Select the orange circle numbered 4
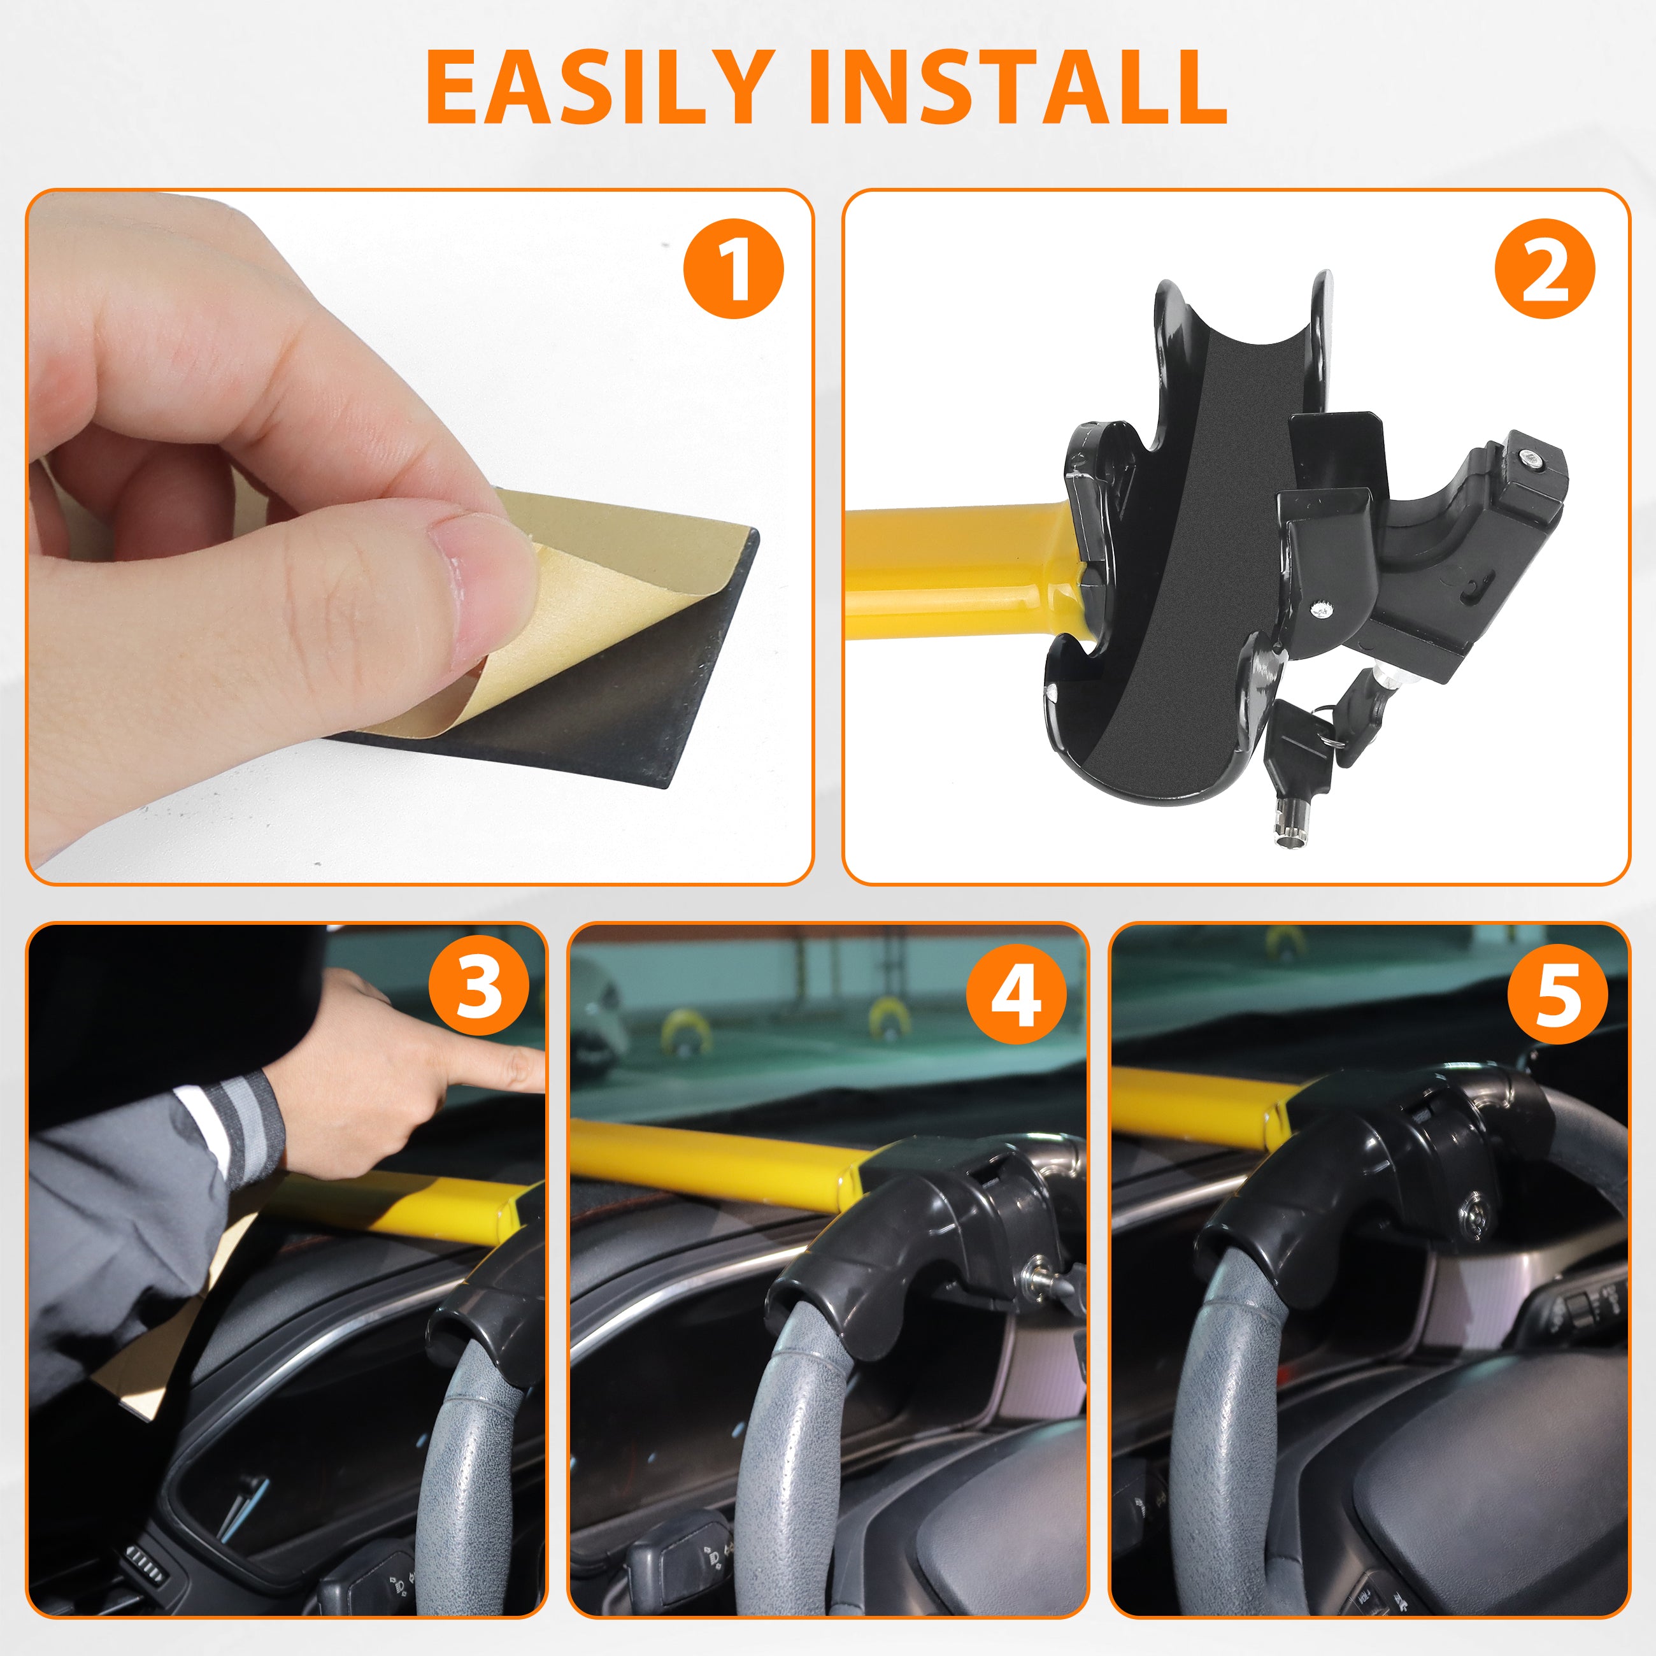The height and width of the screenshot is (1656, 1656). (x=1017, y=994)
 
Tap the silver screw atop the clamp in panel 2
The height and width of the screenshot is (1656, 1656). (x=1528, y=460)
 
